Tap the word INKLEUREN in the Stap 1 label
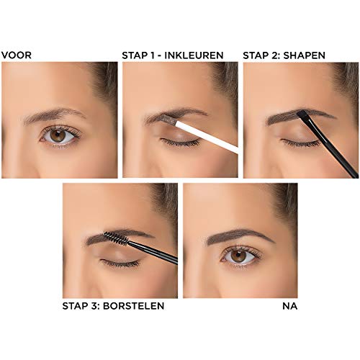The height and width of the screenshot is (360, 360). (197, 55)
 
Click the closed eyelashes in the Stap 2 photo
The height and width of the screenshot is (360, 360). (299, 143)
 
